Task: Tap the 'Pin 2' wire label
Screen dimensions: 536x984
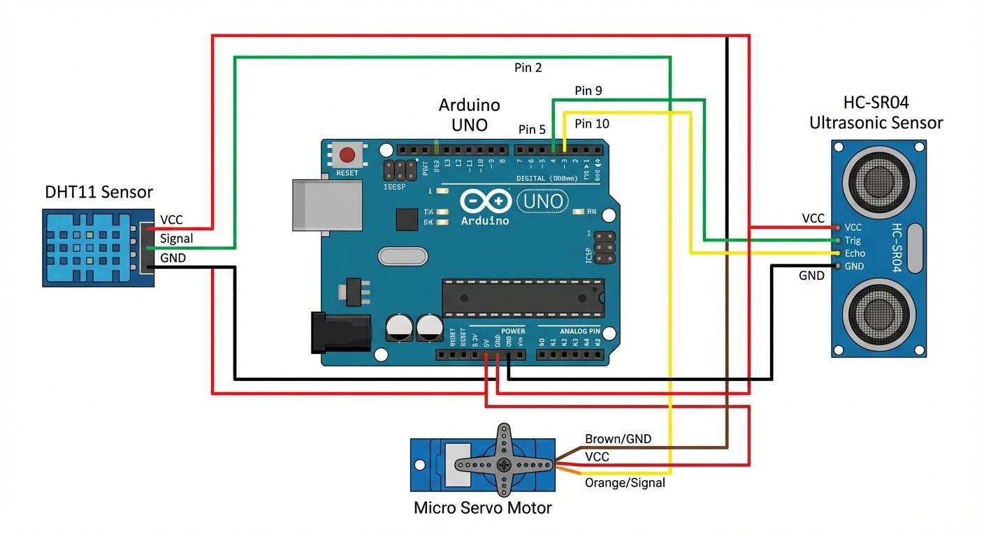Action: pyautogui.click(x=528, y=68)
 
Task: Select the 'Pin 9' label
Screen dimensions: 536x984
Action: pyautogui.click(x=588, y=91)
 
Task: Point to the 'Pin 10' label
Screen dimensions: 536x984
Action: pyautogui.click(x=591, y=124)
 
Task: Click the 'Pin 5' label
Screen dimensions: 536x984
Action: pyautogui.click(x=532, y=129)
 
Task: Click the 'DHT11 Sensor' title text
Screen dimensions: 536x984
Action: pyautogui.click(x=99, y=192)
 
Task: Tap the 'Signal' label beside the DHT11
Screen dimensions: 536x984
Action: pyautogui.click(x=176, y=239)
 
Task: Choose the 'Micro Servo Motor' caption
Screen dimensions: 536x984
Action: pyautogui.click(x=482, y=507)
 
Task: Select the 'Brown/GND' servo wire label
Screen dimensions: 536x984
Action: pyautogui.click(x=618, y=439)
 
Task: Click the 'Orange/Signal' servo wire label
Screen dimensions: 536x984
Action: pyautogui.click(x=624, y=483)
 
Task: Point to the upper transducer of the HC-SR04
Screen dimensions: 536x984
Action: pyautogui.click(x=878, y=183)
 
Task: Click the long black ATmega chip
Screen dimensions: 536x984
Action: pyautogui.click(x=522, y=297)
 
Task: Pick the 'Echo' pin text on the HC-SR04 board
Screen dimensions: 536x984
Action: pyautogui.click(x=854, y=253)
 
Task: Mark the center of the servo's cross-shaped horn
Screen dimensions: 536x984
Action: pyautogui.click(x=502, y=464)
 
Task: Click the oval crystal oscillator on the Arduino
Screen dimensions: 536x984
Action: pyautogui.click(x=402, y=256)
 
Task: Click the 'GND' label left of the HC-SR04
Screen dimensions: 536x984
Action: pyautogui.click(x=811, y=276)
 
